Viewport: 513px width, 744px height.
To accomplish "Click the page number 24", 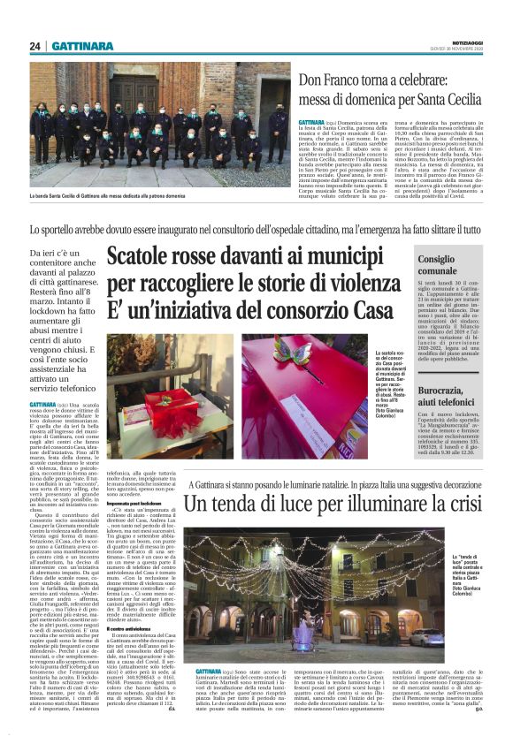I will click(35, 46).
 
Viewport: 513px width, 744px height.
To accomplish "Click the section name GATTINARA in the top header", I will click(82, 46).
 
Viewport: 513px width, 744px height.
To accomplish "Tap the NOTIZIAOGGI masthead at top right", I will click(467, 43).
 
